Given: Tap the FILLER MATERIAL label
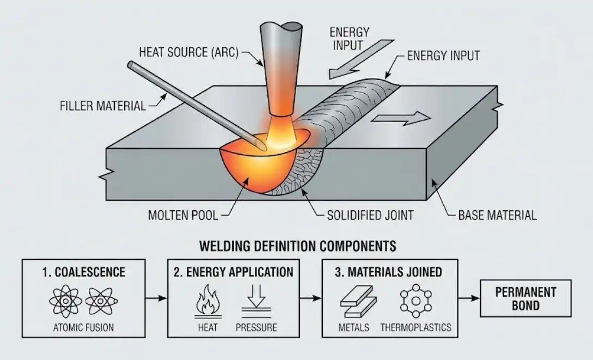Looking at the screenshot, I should [103, 106].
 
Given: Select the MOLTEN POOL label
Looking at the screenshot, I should [183, 215].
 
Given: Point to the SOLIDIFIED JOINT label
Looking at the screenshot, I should [370, 215].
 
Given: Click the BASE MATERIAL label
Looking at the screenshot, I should [497, 215].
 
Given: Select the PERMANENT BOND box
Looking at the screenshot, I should [525, 298].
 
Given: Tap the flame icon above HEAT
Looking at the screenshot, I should [207, 301].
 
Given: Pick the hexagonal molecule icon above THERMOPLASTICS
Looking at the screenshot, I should [415, 301].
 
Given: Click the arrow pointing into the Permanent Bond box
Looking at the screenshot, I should [469, 298].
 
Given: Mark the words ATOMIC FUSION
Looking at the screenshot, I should [83, 327].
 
